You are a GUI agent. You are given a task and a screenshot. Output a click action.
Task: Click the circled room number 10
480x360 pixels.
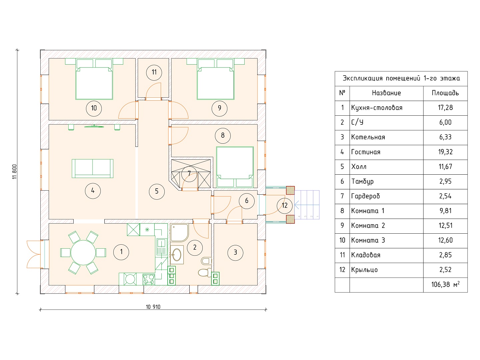point(94,108)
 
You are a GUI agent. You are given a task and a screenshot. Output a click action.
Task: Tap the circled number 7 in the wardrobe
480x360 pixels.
point(189,174)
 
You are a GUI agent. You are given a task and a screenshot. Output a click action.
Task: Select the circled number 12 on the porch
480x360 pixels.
point(284,205)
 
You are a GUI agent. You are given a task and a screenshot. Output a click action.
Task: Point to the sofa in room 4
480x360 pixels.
point(93,168)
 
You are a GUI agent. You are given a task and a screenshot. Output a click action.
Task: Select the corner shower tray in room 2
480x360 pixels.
point(179,233)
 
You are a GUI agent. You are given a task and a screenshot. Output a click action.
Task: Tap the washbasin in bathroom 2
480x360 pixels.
point(177,255)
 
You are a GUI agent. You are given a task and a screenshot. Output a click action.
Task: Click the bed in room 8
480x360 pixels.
point(235,166)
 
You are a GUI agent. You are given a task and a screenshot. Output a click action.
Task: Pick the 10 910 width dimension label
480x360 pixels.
point(153,307)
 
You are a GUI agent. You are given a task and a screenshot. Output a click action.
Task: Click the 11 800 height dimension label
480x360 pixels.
point(15,172)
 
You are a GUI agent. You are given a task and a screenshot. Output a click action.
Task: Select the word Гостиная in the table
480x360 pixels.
point(366,152)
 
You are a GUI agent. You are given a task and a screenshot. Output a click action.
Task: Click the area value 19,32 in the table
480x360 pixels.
point(445,152)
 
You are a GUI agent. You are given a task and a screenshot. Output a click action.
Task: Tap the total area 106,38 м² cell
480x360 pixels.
point(445,285)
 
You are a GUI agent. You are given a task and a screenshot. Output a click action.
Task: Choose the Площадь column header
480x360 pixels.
point(445,93)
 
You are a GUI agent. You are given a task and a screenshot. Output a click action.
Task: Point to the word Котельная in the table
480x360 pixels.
point(368,137)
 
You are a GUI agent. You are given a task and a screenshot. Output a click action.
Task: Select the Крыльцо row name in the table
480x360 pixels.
point(364,270)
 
